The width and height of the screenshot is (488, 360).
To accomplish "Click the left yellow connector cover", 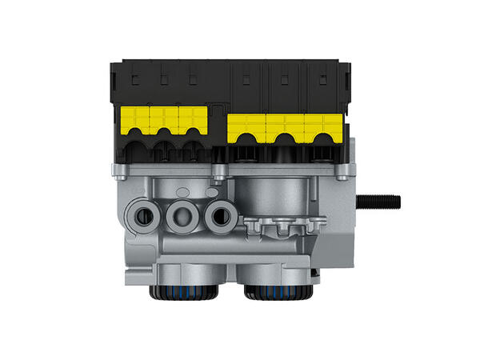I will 164,121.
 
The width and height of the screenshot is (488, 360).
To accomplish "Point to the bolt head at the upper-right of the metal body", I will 343,170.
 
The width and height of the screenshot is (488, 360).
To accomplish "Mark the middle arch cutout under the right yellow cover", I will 284,149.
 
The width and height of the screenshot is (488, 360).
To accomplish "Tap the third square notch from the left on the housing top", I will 192,78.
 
